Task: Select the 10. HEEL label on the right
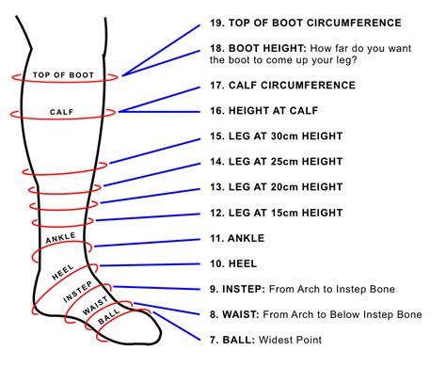231,263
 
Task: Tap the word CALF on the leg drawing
62,111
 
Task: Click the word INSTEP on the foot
78,295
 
